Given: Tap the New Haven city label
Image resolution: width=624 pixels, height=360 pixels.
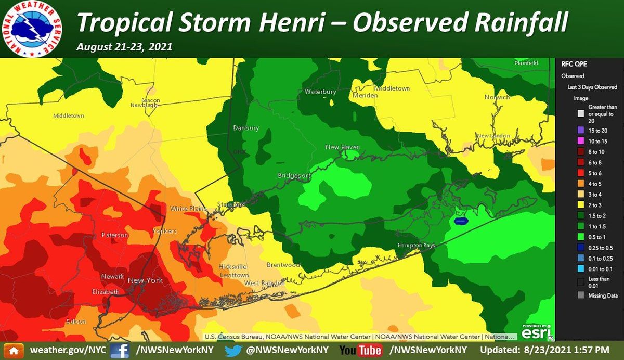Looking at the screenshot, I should point(342,147).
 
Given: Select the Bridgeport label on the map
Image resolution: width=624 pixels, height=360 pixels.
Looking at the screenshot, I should point(294,175).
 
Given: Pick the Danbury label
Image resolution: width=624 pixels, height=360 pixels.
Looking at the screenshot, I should point(245,127).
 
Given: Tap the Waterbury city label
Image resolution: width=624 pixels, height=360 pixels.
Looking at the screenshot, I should point(320,92).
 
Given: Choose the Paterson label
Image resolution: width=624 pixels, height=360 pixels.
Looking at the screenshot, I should point(114,235).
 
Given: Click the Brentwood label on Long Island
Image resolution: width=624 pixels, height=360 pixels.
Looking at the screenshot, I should point(283,265).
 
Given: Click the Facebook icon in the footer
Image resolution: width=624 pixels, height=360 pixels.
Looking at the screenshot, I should point(120,350).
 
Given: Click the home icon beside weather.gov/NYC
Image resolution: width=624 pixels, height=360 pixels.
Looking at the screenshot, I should point(14,350).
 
